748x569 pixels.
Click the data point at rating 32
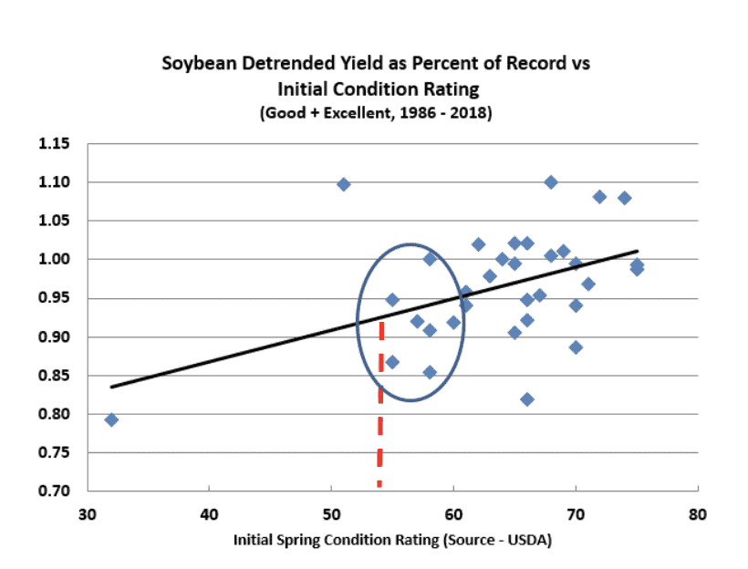point(111,419)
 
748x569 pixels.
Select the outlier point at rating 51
point(344,184)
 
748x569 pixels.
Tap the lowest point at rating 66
point(527,399)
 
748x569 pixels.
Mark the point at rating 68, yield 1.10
point(551,182)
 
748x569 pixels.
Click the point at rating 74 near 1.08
point(625,198)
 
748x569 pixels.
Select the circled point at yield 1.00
point(430,259)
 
